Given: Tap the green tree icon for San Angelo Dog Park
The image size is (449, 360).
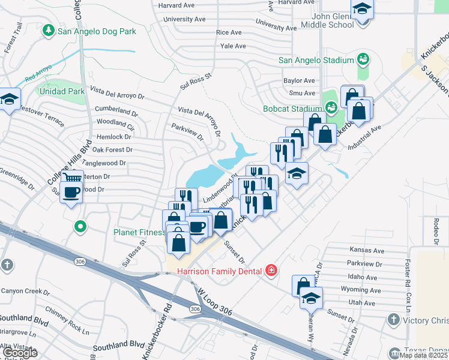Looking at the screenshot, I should [48, 30].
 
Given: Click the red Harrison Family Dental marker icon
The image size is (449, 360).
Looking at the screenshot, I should [271, 271].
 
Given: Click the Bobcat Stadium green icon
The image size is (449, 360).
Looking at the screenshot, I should [330, 108].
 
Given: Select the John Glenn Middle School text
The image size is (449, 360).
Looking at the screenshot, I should [324, 20].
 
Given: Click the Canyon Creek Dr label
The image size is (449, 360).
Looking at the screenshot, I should [25, 292].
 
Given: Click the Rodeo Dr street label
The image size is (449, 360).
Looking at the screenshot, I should [435, 230].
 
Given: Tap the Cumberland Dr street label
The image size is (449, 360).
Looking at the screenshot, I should [116, 111].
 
